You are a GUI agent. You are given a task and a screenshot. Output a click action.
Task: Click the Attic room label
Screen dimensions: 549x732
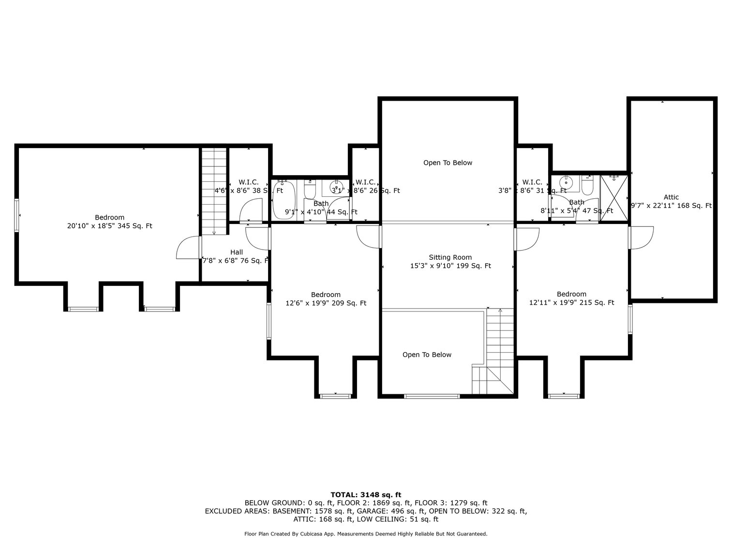pos(671,197)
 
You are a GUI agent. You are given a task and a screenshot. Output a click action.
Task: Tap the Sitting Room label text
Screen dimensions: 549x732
pos(450,257)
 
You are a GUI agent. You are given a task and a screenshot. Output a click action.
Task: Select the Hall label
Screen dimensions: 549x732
pos(237,252)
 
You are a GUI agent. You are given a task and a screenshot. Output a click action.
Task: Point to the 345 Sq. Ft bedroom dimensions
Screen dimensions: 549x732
pos(109,225)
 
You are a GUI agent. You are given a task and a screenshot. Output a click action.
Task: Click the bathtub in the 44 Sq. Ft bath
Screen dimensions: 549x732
pos(283,199)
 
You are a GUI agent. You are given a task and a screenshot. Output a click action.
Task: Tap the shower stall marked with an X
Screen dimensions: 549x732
pos(614,198)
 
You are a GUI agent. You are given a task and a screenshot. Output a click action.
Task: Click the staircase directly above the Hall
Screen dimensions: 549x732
pos(214,191)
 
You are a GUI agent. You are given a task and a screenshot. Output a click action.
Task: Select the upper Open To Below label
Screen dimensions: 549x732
pos(448,163)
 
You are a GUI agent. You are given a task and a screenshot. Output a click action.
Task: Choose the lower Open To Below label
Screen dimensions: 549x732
pos(427,355)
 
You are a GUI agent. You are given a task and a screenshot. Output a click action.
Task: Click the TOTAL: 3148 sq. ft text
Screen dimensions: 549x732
pos(366,494)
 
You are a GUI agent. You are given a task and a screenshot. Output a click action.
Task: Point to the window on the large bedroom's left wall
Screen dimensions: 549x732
pos(17,215)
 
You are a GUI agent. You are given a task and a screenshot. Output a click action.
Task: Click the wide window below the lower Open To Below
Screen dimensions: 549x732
pos(432,396)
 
